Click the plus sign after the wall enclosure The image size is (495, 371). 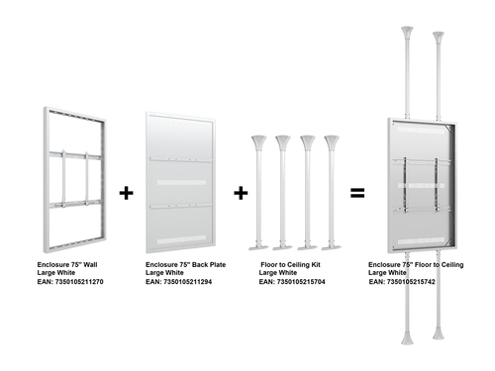point(126,193)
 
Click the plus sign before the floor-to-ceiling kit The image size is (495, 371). point(241,193)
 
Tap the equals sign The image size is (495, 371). point(357,193)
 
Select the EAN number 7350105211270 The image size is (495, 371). point(79,282)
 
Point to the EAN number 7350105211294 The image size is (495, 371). point(188,282)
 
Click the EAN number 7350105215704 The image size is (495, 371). point(301,282)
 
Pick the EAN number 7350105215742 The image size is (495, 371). point(411,282)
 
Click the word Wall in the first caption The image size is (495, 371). point(90,265)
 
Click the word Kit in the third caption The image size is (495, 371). point(316,265)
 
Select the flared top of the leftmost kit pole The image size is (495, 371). point(258,142)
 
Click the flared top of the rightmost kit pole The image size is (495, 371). point(332,142)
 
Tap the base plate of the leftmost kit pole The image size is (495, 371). point(258,247)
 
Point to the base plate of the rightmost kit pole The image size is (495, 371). point(332,247)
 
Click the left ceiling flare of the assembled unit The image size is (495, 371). point(407,34)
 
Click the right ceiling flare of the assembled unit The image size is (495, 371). point(439,39)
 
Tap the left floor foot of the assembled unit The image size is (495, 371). point(407,337)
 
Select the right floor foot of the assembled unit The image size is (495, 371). point(439,332)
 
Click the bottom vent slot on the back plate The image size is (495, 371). point(181,240)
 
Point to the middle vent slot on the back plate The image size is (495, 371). point(181,182)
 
